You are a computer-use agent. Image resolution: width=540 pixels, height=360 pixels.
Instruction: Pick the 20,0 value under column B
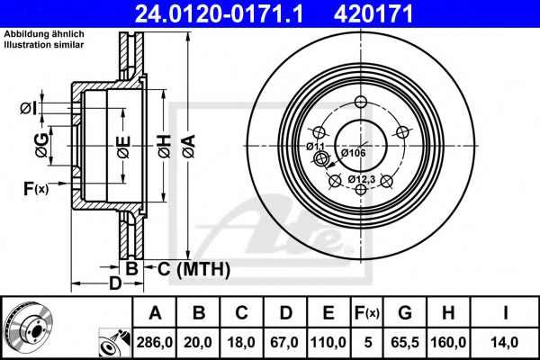point(197,342)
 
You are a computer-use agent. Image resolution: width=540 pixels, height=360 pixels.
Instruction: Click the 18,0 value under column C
point(240,342)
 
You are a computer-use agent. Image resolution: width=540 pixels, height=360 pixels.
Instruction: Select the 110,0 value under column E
point(326,342)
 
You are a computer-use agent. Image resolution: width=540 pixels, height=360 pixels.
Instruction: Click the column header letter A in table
point(155,313)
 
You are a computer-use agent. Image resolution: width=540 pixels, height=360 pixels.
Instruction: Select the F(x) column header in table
point(365,313)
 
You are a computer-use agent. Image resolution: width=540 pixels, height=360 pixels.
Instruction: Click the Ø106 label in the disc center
point(353,153)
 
